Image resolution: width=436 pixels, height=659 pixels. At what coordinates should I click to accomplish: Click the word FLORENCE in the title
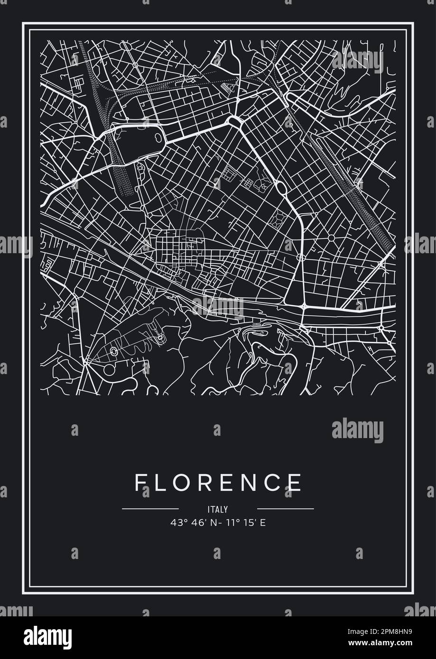coord(218,483)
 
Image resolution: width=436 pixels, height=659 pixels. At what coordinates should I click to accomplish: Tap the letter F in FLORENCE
coord(139,483)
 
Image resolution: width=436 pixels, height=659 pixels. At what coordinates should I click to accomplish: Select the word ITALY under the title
coord(218,510)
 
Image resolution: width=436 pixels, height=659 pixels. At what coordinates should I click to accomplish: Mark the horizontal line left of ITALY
coord(150,509)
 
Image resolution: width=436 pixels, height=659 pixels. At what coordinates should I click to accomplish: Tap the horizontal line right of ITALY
coord(285,509)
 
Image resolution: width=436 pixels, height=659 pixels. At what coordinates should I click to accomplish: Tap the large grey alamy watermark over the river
coord(218,307)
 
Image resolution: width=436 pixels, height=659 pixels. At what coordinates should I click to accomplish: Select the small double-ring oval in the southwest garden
coord(114,351)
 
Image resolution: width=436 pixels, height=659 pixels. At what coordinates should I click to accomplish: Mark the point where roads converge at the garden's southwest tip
coord(84,363)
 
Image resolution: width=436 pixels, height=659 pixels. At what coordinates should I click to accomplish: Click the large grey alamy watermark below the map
coord(357,430)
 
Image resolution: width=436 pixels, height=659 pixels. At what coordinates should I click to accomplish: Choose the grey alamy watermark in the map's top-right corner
coord(357,60)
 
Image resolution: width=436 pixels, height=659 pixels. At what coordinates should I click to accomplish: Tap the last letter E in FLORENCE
coord(295,483)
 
